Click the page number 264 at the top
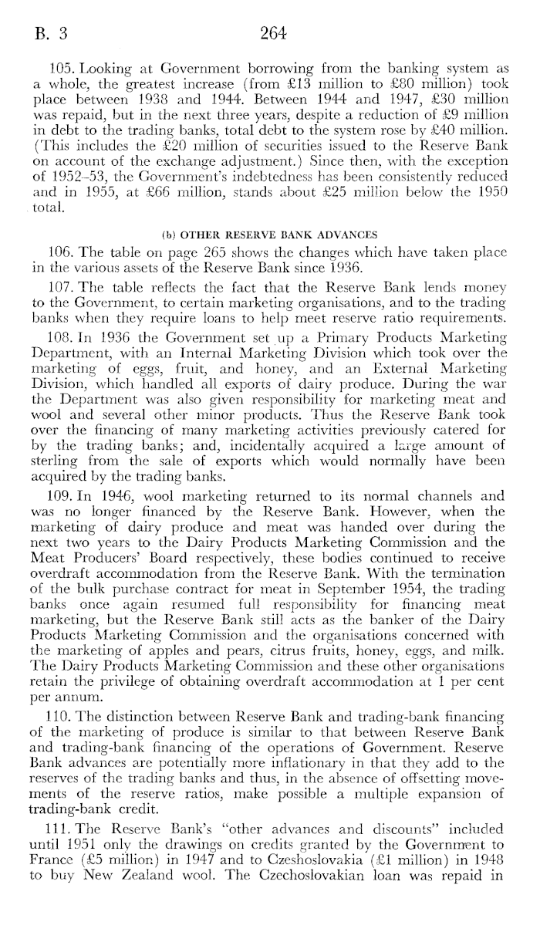[x=274, y=33]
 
